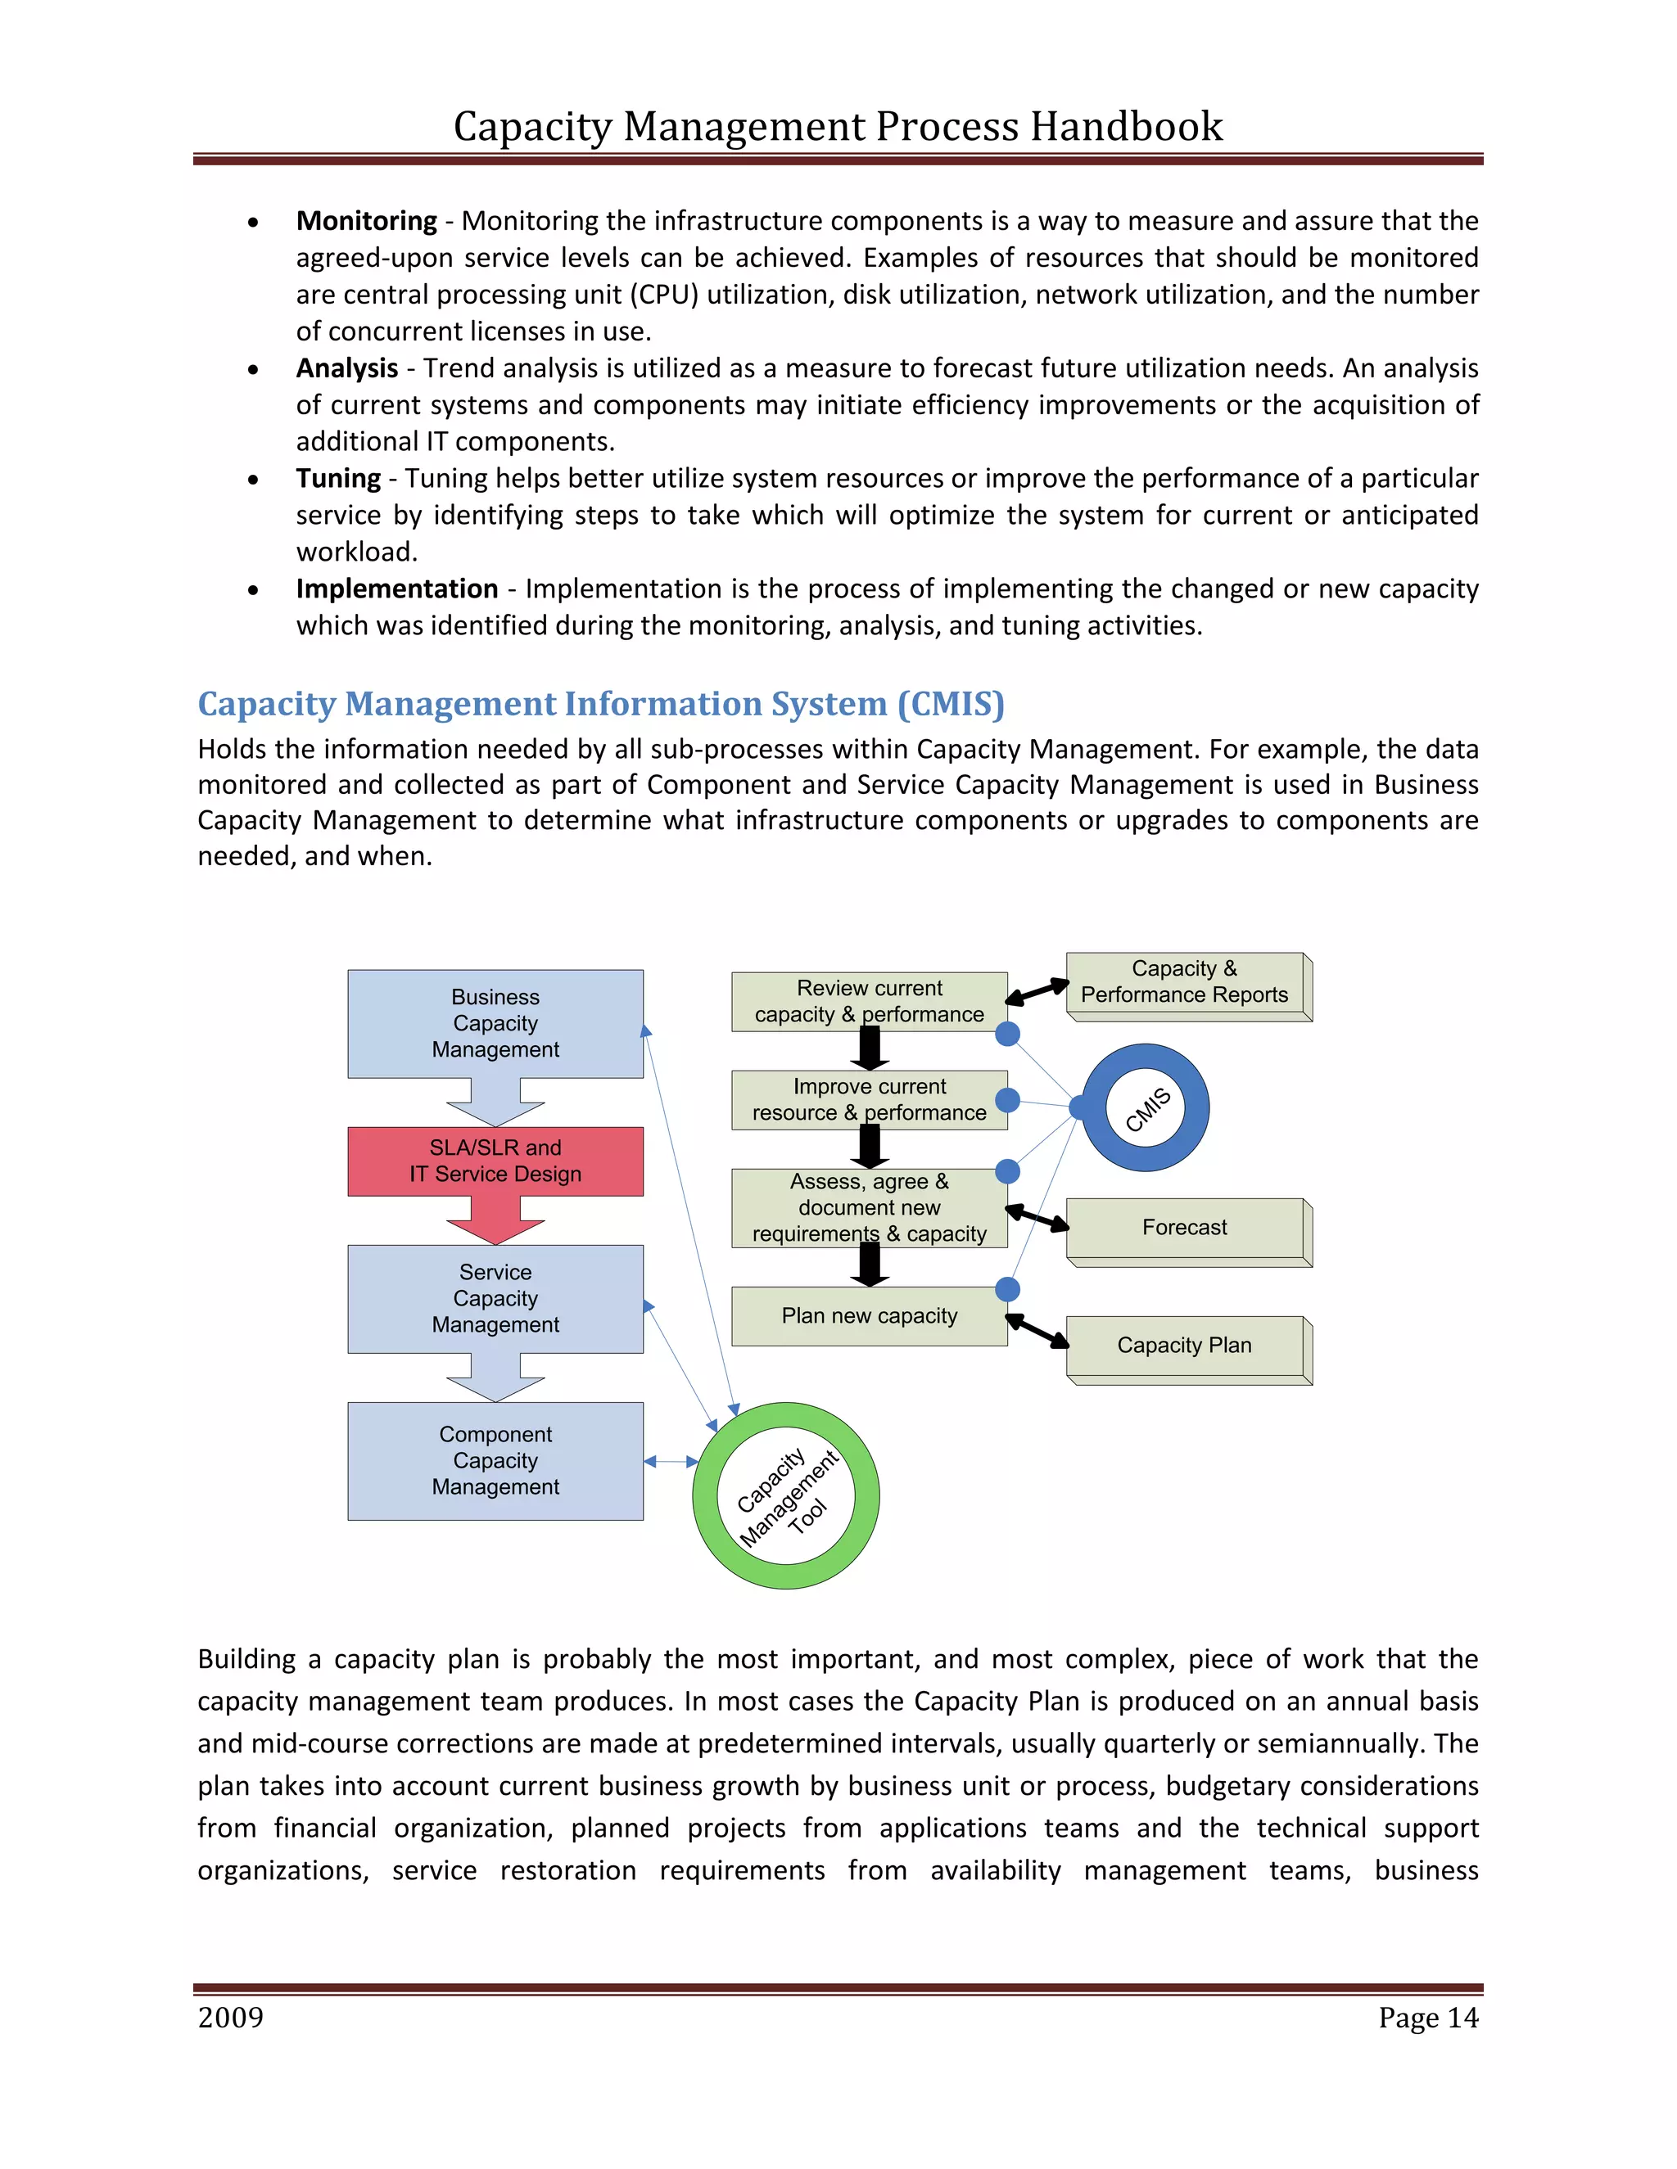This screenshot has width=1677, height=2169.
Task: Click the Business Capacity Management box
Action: pos(495,1023)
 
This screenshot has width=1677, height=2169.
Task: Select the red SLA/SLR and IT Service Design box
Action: pos(495,1160)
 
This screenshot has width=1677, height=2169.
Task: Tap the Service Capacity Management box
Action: pos(495,1298)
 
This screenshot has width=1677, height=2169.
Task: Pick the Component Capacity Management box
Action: pos(495,1460)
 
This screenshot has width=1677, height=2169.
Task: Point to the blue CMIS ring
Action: pos(1146,1108)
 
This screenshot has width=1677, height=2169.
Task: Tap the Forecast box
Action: pos(1184,1228)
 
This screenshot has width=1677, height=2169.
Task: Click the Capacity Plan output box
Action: pos(1184,1346)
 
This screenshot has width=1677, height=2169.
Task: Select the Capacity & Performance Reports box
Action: pos(1184,982)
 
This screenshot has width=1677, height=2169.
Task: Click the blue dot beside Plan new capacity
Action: pos(1007,1289)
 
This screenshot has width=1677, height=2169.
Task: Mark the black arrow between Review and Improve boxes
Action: pos(870,1048)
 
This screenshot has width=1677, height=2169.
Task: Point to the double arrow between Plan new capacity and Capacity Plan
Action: pos(1037,1332)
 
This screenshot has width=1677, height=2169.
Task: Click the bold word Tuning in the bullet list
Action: pos(338,479)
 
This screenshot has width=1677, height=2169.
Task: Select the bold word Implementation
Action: pos(396,589)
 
